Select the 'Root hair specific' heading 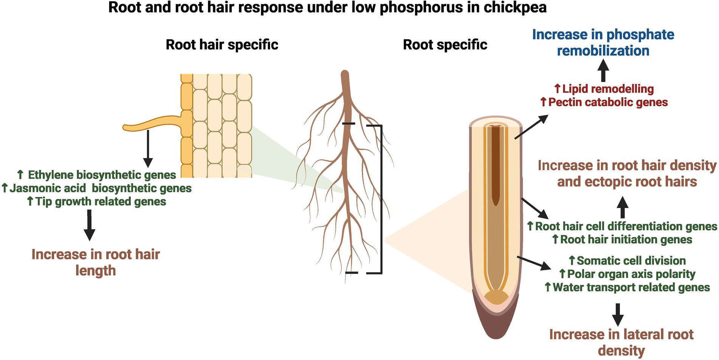tap(222, 45)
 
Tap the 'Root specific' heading tap(445, 45)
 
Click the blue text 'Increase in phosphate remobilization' tap(603, 42)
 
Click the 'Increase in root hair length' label tap(96, 262)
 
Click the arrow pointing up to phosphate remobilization tap(603, 71)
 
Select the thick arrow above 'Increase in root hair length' tap(89, 225)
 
